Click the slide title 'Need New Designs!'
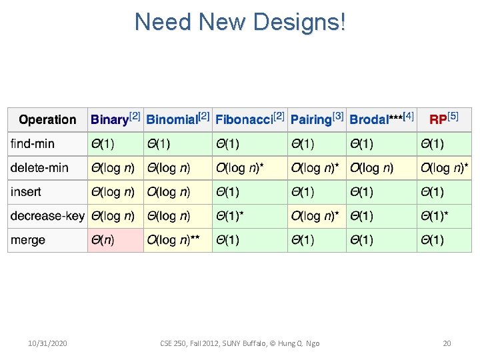click(x=240, y=22)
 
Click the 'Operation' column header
click(x=47, y=120)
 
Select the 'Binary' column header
click(x=115, y=119)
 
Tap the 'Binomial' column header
click(x=177, y=119)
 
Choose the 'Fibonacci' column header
click(x=249, y=119)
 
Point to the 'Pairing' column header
click(x=317, y=119)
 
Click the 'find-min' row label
click(x=33, y=144)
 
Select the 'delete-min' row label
click(x=39, y=168)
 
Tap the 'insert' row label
click(x=26, y=192)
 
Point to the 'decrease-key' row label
click(x=47, y=216)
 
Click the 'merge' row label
click(x=28, y=240)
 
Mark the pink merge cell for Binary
click(x=115, y=240)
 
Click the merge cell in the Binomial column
click(x=177, y=240)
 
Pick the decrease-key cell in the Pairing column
click(x=317, y=216)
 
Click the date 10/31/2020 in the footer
click(x=47, y=343)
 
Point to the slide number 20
click(x=447, y=343)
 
